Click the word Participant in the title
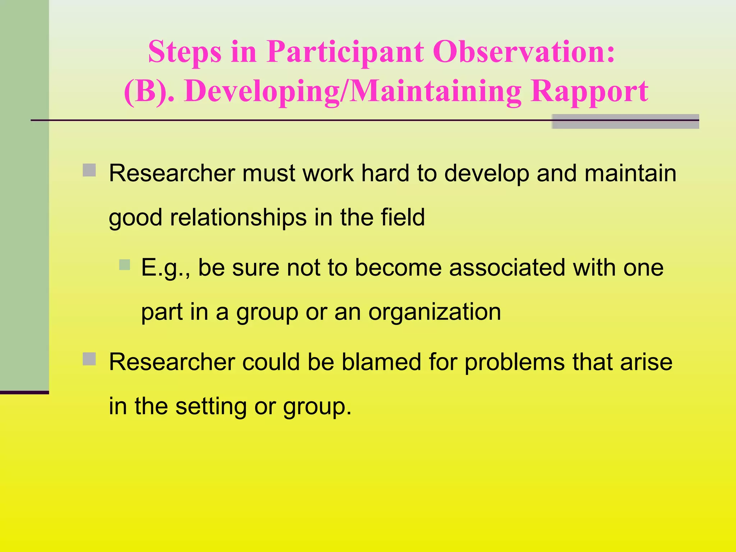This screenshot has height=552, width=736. pyautogui.click(x=345, y=52)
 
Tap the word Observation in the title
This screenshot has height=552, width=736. pyautogui.click(x=525, y=52)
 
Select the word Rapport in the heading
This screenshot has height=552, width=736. pyautogui.click(x=589, y=91)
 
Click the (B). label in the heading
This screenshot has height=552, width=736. pyautogui.click(x=149, y=91)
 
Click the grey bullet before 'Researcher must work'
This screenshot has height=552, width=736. pyautogui.click(x=89, y=170)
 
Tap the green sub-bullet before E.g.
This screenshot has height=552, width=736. pyautogui.click(x=125, y=265)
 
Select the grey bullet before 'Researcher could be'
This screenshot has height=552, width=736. pyautogui.click(x=89, y=359)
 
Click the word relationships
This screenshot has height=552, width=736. pyautogui.click(x=238, y=218)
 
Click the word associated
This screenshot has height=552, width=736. pyautogui.click(x=507, y=268)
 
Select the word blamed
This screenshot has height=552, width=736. pyautogui.click(x=381, y=362)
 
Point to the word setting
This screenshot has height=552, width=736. pyautogui.click(x=211, y=407)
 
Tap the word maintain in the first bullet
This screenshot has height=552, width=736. pyautogui.click(x=630, y=173)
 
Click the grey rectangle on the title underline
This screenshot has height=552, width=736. pyautogui.click(x=625, y=121)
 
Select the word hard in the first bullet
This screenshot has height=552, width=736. pyautogui.click(x=385, y=173)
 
